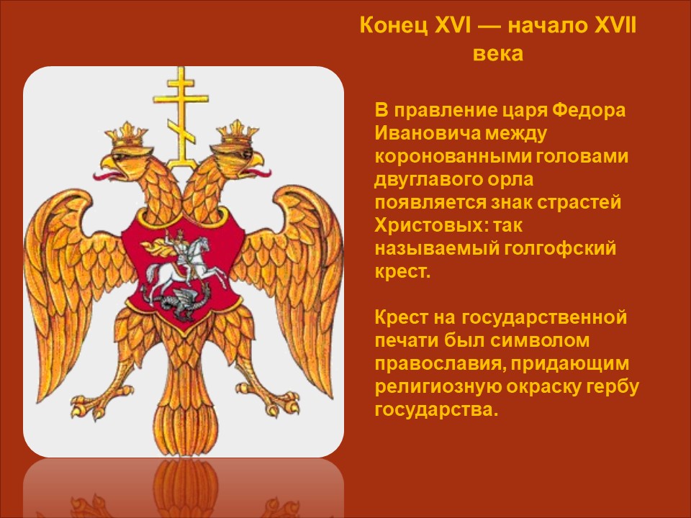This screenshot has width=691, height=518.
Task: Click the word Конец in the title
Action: point(394,26)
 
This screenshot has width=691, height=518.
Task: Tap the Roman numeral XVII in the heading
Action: point(615,26)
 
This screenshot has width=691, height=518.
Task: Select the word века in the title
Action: point(498,54)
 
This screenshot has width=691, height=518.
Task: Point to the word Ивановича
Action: point(427,133)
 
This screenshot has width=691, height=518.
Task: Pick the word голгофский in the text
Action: point(560,249)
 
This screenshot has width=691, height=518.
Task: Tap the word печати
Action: point(406,340)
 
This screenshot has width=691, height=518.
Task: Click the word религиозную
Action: point(437,387)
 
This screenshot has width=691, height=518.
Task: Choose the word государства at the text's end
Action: point(436,409)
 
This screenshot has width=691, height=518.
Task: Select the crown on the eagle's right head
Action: point(236,135)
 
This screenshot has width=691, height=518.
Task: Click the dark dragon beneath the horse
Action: point(181,303)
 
